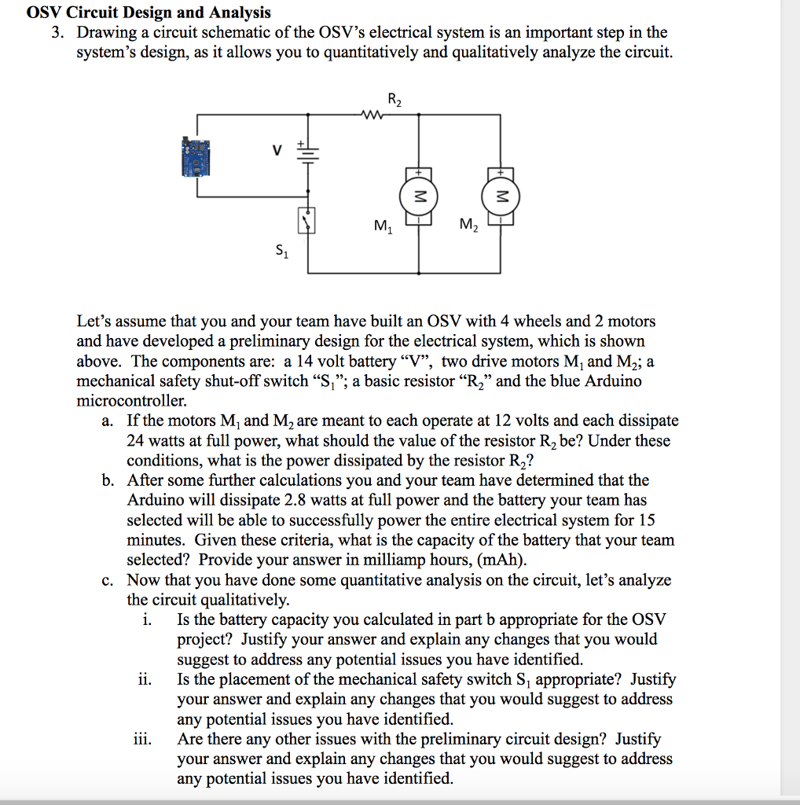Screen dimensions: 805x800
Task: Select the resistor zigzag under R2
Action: point(369,115)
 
